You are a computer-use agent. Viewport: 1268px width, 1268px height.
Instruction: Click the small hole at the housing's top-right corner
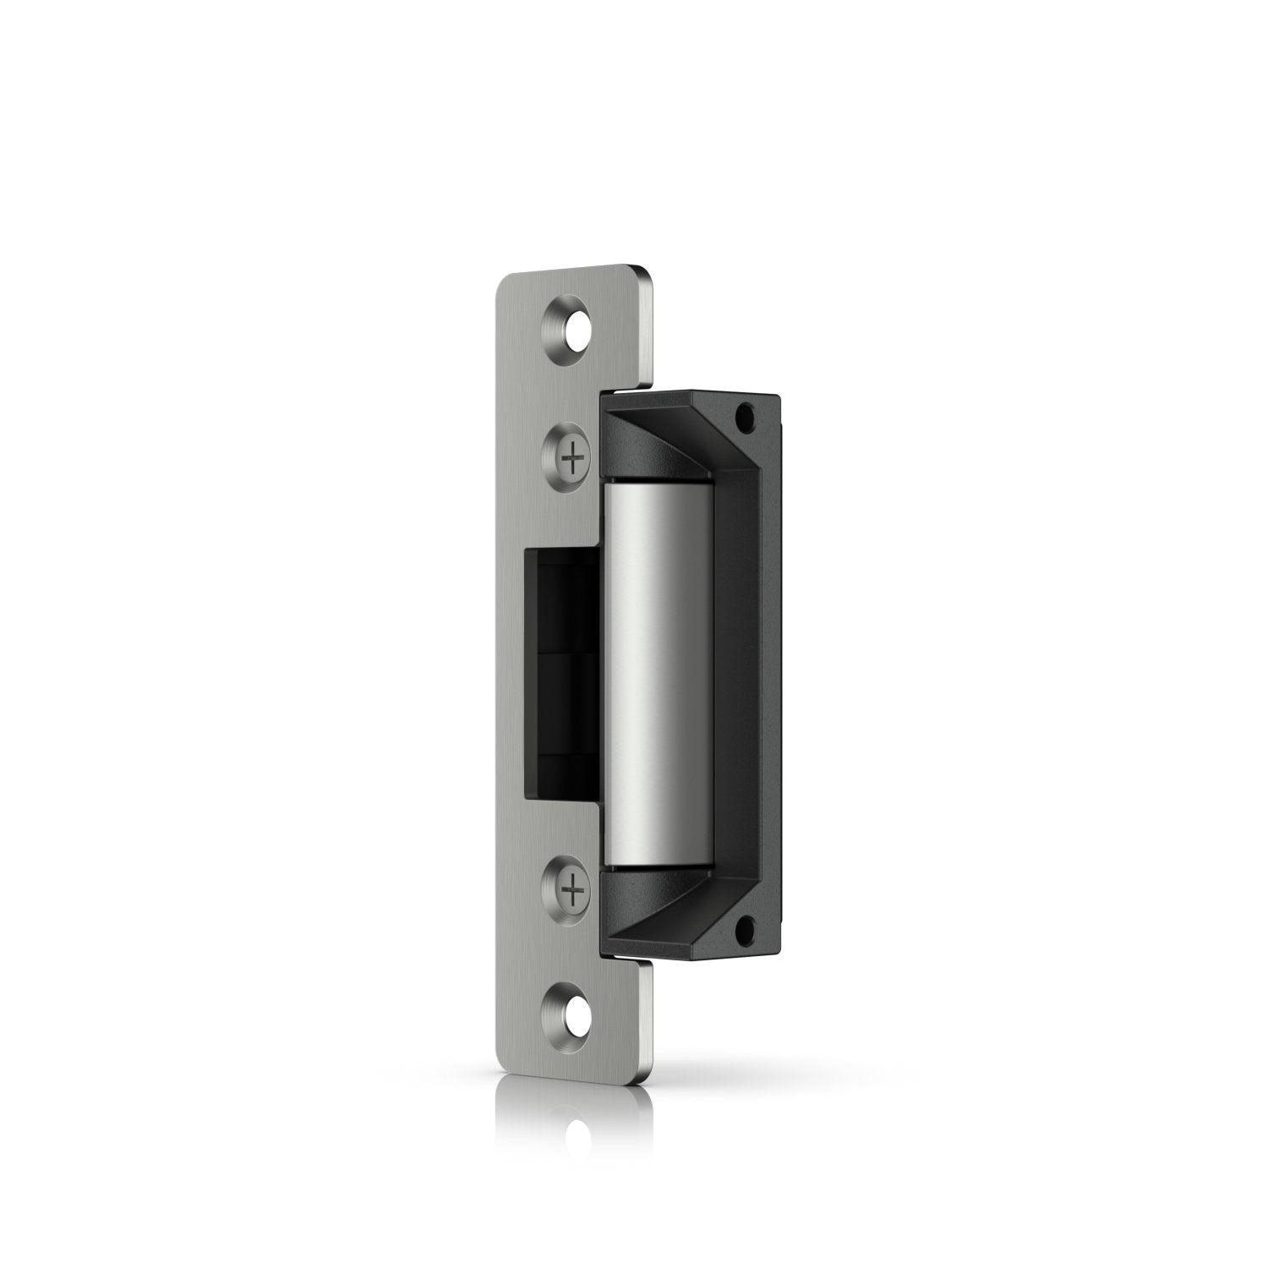click(746, 417)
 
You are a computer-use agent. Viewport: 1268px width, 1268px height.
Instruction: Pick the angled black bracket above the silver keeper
click(668, 440)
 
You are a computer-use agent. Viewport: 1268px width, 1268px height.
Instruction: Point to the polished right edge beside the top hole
click(648, 330)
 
